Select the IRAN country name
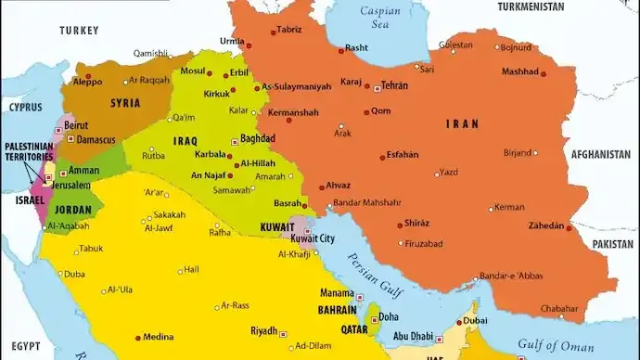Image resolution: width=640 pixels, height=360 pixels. point(461,124)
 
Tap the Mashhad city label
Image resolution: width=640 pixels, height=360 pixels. point(519,72)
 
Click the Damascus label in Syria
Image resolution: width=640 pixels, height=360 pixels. point(96,140)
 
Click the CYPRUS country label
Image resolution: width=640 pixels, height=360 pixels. point(26,107)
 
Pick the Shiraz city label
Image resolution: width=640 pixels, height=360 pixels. point(417,223)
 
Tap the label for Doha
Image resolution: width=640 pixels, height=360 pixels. point(390,317)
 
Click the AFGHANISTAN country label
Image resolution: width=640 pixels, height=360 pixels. point(600,154)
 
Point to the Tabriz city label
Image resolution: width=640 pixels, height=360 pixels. point(289,30)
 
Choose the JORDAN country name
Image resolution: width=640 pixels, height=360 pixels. point(73,210)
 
